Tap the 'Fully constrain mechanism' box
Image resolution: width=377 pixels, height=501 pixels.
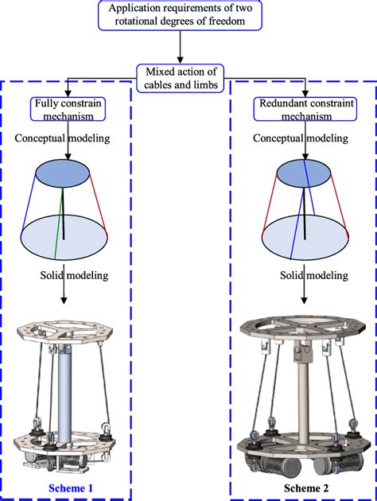[x=69, y=111]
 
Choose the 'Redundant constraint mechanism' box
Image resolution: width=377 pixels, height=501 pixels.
[x=304, y=111]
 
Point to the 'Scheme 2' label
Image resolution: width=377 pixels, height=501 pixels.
[x=305, y=484]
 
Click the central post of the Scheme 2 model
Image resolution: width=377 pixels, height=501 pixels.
[x=303, y=390]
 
